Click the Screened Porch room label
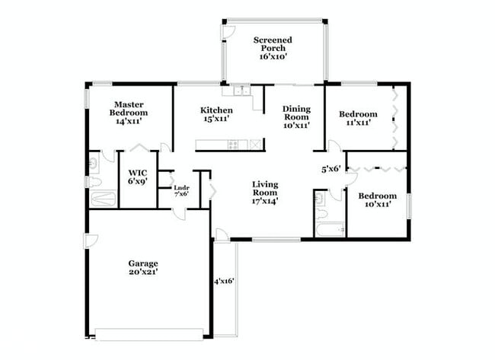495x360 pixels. pyautogui.click(x=273, y=45)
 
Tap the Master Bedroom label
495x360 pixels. pyautogui.click(x=130, y=112)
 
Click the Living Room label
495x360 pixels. pyautogui.click(x=265, y=193)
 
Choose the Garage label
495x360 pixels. pyautogui.click(x=142, y=263)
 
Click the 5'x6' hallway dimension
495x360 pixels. pyautogui.click(x=331, y=170)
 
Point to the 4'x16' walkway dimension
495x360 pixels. pyautogui.click(x=223, y=281)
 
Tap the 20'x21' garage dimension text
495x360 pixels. pyautogui.click(x=142, y=272)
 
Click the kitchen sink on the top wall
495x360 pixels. pyautogui.click(x=242, y=91)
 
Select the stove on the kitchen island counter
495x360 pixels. pyautogui.click(x=233, y=144)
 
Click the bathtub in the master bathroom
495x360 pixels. pyautogui.click(x=102, y=200)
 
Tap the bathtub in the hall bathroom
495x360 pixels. pyautogui.click(x=329, y=230)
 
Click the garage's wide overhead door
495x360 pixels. pyautogui.click(x=149, y=332)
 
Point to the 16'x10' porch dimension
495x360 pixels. pyautogui.click(x=273, y=56)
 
